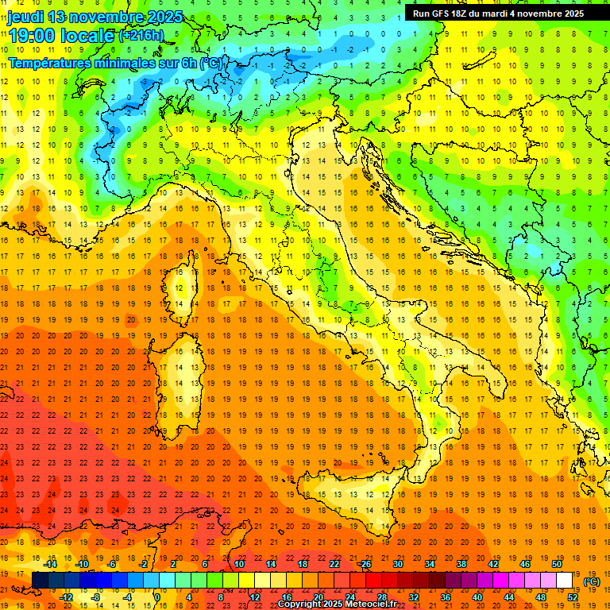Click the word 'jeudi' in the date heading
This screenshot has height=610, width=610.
click(x=25, y=17)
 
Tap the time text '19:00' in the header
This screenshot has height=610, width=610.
click(x=35, y=35)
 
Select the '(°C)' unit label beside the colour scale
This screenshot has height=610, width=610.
click(x=592, y=581)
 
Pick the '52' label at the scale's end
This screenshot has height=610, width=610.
click(x=573, y=596)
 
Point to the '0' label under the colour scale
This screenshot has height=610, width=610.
click(x=157, y=596)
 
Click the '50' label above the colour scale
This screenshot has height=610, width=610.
click(x=557, y=564)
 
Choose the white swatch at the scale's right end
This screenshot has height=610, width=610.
click(x=565, y=580)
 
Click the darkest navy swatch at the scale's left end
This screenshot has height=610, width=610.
click(x=40, y=580)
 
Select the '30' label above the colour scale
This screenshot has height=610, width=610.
click(x=397, y=564)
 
